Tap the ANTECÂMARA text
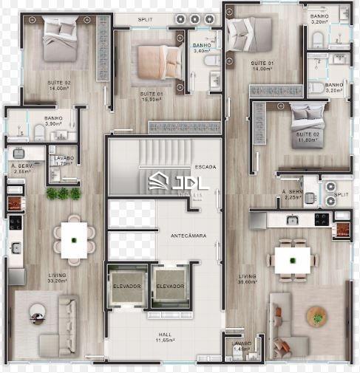pos(188,236)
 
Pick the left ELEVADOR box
pos(127,286)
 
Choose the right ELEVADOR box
pos(169,286)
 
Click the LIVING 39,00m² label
pos(248,279)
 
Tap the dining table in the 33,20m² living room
pos(75,239)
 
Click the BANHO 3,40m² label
pos(202,49)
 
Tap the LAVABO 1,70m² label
pos(62,160)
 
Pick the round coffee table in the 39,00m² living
pos(317,318)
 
